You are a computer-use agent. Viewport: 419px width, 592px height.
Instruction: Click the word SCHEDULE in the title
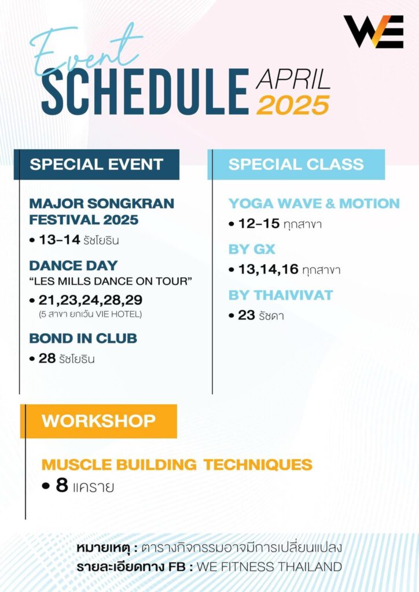coord(144,92)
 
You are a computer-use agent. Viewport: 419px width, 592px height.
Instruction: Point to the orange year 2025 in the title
coord(293,105)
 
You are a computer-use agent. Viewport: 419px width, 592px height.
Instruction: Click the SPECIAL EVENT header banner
coord(97,164)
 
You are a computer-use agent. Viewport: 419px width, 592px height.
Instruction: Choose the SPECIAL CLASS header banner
coord(296,164)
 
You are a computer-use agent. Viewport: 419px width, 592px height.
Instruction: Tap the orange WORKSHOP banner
coord(98,420)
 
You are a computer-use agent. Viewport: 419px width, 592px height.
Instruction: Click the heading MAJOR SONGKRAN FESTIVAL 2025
coord(101,212)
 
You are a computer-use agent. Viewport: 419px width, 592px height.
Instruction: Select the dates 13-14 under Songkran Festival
coord(58,240)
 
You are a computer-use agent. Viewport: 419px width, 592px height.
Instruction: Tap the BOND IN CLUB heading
coord(83,338)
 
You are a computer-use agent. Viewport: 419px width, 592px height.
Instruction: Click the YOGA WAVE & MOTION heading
coord(314,203)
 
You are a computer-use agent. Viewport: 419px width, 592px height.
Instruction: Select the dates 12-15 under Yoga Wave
coord(255,224)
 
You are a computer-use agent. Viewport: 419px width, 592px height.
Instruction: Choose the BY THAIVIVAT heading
coord(281,295)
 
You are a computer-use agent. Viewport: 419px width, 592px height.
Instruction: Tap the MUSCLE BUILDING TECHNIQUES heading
coord(177,464)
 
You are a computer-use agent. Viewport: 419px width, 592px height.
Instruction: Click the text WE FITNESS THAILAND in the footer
coord(269,567)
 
